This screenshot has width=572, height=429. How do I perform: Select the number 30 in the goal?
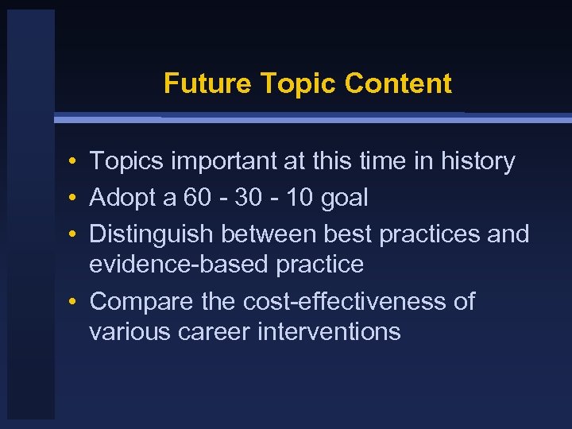pyautogui.click(x=243, y=198)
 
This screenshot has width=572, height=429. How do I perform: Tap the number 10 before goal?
pyautogui.click(x=299, y=198)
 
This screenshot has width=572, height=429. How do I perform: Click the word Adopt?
pyautogui.click(x=122, y=198)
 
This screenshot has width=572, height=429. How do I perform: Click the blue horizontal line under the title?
pyautogui.click(x=318, y=118)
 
